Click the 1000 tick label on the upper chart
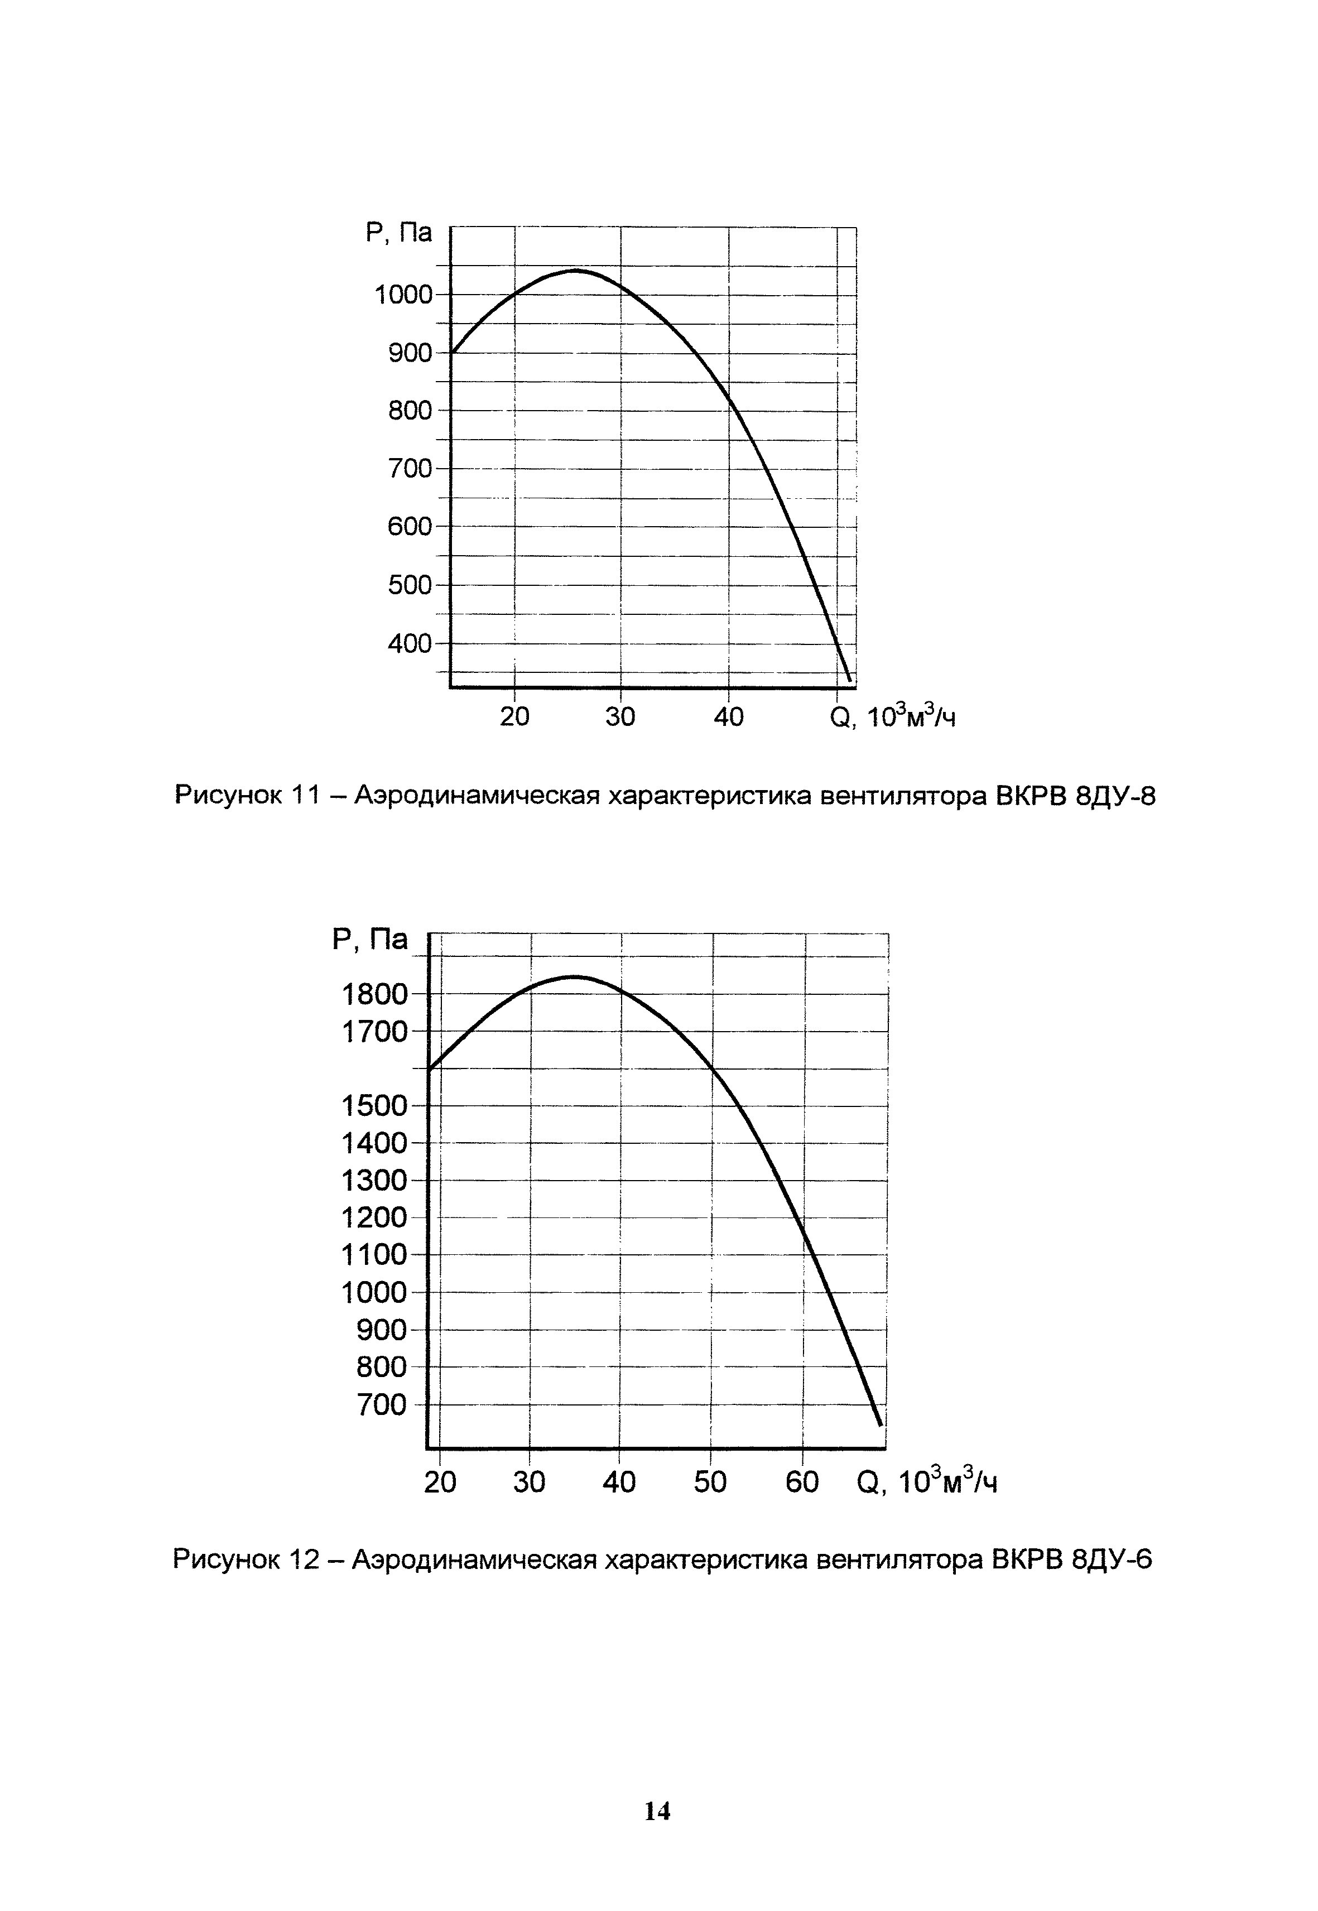tap(403, 295)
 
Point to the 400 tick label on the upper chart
tap(410, 643)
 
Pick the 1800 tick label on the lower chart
tap(375, 994)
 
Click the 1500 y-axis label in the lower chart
tap(375, 1106)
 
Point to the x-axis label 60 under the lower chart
tap(802, 1482)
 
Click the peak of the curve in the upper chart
tap(576, 270)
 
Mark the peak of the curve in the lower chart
tap(574, 976)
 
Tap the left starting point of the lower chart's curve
tap(430, 1068)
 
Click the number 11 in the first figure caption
tap(305, 796)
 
